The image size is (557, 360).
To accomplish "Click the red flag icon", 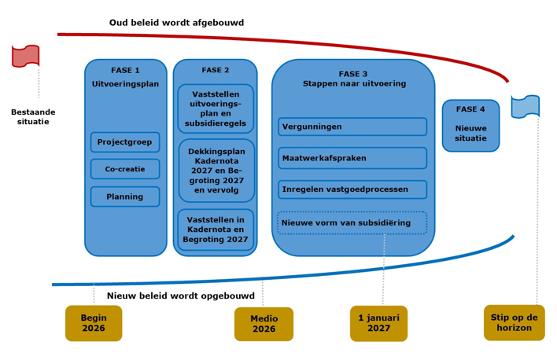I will click(26, 56).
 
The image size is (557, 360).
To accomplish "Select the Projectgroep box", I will click(125, 142).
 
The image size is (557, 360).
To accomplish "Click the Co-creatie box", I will click(125, 169).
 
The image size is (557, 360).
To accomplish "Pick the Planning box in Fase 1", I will click(125, 197).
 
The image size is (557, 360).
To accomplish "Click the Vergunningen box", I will click(352, 127).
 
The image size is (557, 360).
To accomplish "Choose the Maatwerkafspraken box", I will click(352, 158).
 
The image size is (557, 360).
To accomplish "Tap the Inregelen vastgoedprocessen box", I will click(352, 189).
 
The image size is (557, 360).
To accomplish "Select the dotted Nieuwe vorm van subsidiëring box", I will click(352, 222).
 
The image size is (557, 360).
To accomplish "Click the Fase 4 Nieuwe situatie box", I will click(470, 126).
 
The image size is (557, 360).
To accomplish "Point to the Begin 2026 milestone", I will click(94, 323).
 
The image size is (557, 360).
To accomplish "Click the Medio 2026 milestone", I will click(264, 324).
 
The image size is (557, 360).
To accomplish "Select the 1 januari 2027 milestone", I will click(378, 323).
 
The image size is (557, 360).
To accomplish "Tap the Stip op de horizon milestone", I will click(515, 322).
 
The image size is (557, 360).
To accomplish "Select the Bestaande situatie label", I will click(33, 117).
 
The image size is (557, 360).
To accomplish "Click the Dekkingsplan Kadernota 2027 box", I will click(216, 171).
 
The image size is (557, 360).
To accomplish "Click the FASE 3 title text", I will click(353, 74).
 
